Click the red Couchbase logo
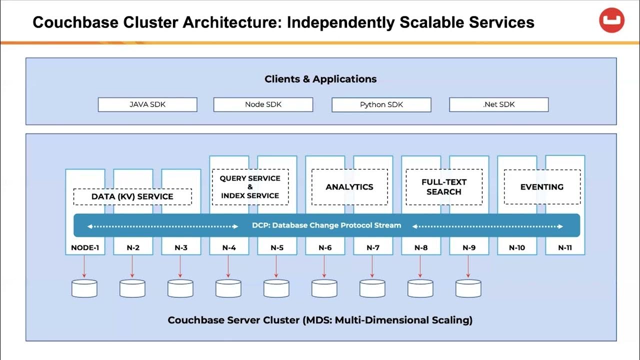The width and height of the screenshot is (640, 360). click(x=611, y=20)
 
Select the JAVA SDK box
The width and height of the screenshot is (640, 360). click(x=147, y=104)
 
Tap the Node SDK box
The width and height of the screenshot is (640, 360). click(x=263, y=104)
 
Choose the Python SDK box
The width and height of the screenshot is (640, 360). click(x=381, y=104)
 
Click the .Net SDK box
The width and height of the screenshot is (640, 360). click(x=498, y=104)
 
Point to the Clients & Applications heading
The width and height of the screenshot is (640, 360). click(x=320, y=79)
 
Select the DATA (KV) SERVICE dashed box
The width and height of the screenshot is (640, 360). click(x=132, y=196)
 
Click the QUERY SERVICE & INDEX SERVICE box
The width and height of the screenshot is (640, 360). click(x=250, y=187)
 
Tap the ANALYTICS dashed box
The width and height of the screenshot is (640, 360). click(x=349, y=187)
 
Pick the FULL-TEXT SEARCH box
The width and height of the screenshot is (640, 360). click(x=444, y=187)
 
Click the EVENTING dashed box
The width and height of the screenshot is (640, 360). click(x=542, y=187)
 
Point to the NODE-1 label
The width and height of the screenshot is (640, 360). click(x=85, y=247)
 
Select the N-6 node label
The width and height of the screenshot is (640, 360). click(x=325, y=247)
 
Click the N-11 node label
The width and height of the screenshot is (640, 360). click(x=565, y=247)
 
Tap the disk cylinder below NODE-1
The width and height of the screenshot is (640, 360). click(x=84, y=288)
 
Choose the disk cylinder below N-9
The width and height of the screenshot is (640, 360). click(x=468, y=288)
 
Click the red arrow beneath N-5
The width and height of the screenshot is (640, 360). click(x=276, y=266)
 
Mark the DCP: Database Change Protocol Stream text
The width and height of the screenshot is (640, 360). click(x=326, y=225)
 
